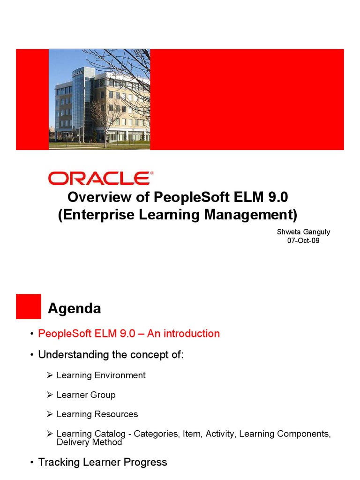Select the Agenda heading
(75, 308)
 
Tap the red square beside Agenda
(29, 307)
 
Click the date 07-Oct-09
(303, 241)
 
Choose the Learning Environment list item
(101, 375)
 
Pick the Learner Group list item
(86, 395)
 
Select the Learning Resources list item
(97, 414)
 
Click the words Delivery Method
(89, 442)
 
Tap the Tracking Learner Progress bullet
(102, 462)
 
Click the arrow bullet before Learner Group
(50, 395)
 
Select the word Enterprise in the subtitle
(97, 215)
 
